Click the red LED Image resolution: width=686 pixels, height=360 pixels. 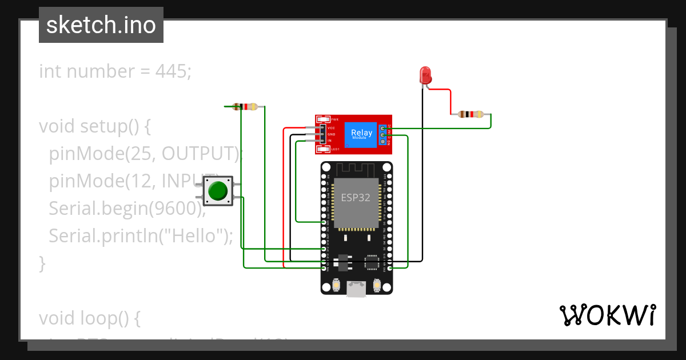(x=425, y=75)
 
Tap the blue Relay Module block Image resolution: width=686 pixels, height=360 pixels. (x=361, y=134)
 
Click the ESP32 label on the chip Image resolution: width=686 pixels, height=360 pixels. (x=356, y=198)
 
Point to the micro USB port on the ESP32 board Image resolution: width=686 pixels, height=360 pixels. (x=357, y=290)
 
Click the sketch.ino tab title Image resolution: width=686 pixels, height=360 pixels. (x=101, y=25)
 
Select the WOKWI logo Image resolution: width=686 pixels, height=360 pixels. (x=607, y=315)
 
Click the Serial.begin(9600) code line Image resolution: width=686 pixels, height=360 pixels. (x=127, y=209)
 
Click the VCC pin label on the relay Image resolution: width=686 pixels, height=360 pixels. (x=331, y=127)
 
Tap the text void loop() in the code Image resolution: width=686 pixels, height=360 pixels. (x=90, y=318)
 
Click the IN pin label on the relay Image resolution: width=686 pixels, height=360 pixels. (x=329, y=140)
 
